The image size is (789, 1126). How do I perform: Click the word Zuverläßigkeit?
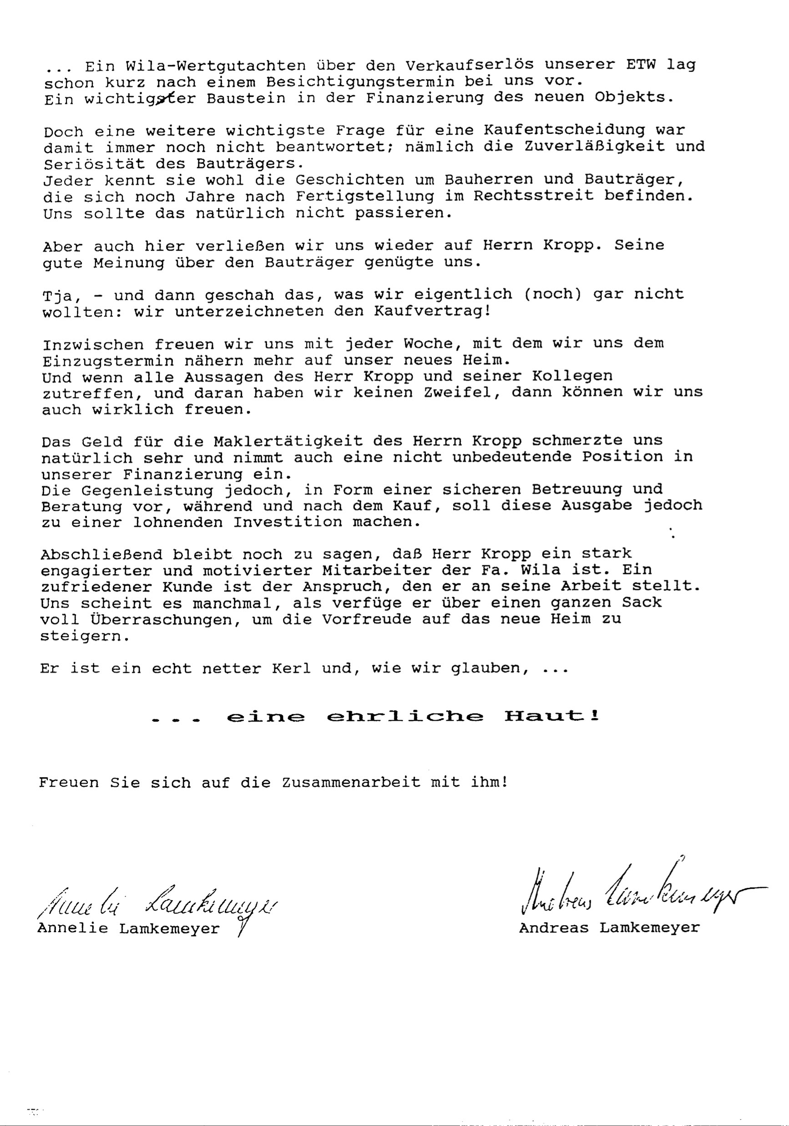[x=594, y=147]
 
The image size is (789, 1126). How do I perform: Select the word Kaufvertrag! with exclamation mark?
[x=432, y=311]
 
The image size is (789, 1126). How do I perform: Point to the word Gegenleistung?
[x=147, y=490]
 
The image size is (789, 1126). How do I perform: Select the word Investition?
[x=288, y=522]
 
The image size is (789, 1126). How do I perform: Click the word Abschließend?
[x=101, y=555]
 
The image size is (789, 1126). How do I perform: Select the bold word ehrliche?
[x=405, y=717]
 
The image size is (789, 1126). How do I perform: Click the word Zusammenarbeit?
[x=351, y=782]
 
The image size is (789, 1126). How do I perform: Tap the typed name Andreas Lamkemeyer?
[x=609, y=928]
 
